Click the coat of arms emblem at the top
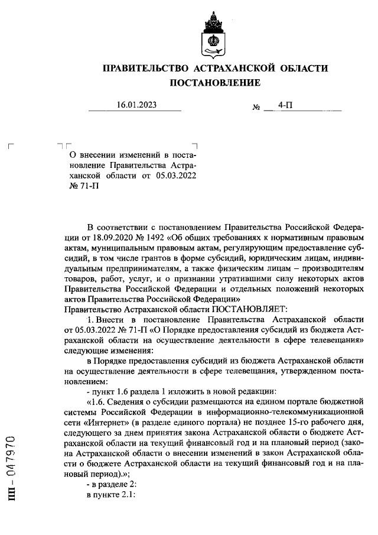coord(215,33)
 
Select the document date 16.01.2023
coord(136,106)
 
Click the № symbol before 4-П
coord(256,108)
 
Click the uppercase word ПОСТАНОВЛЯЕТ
coord(249,308)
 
